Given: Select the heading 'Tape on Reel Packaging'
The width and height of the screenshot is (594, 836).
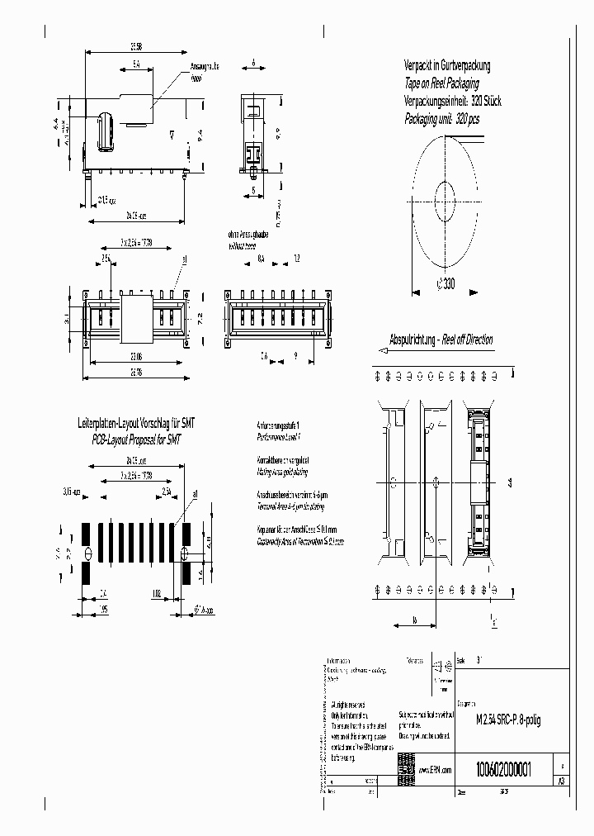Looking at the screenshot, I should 441,83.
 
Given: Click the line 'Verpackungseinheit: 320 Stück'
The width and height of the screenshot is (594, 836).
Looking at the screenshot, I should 452,101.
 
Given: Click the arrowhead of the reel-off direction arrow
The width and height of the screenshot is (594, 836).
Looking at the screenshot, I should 379,350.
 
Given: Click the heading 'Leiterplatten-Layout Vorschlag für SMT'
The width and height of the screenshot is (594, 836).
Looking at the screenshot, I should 136,423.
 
